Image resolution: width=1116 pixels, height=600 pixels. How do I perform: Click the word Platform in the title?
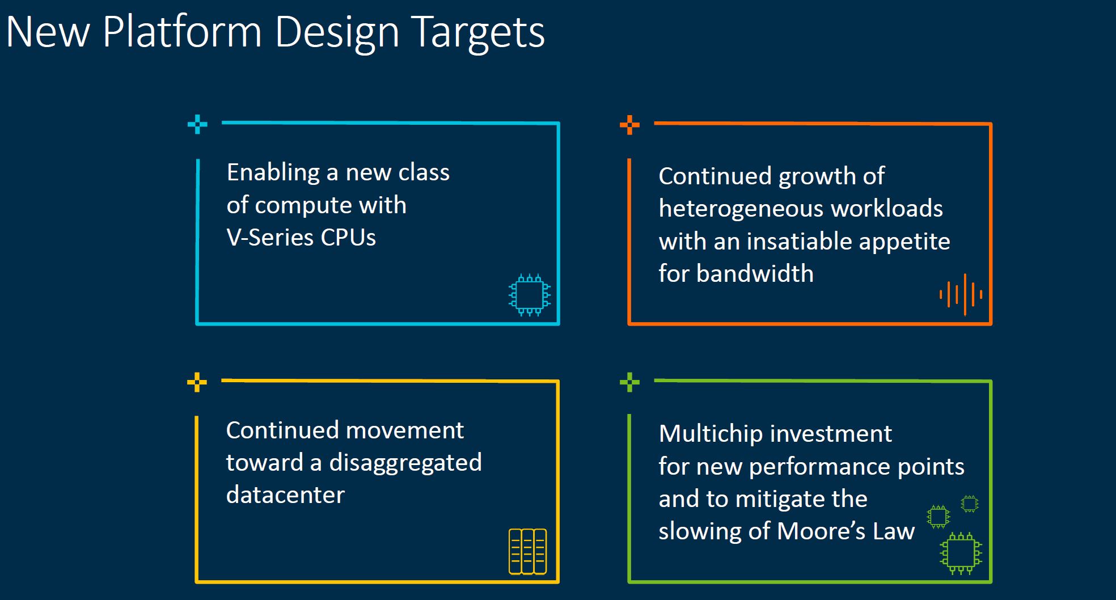[x=182, y=31]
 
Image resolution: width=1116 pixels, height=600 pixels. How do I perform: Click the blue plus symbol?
[x=197, y=124]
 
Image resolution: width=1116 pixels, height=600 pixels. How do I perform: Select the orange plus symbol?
[x=629, y=125]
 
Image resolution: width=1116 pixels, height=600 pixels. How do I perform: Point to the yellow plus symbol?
[x=197, y=382]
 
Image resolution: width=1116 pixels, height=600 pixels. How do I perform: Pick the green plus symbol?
[x=629, y=382]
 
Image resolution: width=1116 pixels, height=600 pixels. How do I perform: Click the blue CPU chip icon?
[x=530, y=295]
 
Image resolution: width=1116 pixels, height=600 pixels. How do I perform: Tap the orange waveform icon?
[x=961, y=294]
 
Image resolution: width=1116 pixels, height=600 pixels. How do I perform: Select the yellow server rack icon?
[x=528, y=551]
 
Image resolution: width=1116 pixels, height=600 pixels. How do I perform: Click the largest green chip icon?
[x=961, y=553]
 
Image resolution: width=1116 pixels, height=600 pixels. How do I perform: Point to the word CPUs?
[x=348, y=238]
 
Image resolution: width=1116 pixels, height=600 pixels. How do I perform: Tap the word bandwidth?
[x=755, y=273]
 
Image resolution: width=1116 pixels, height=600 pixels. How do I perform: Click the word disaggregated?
[x=405, y=463]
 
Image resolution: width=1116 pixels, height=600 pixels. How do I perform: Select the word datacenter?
[x=285, y=495]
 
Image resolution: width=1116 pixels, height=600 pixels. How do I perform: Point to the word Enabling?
[x=273, y=173]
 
